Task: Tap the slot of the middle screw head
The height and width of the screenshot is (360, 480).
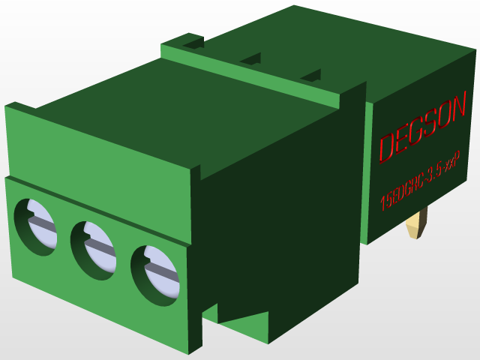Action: pos(100,247)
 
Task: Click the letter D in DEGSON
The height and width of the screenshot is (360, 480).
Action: pos(388,148)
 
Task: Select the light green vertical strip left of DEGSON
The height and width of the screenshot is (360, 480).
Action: pos(367,172)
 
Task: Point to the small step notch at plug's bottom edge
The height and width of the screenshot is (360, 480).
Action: pos(209,309)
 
